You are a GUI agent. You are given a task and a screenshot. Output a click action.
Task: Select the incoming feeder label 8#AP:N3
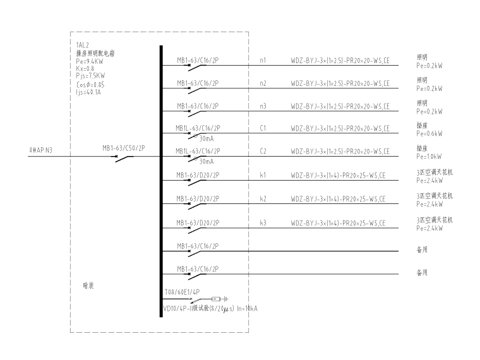point(41,150)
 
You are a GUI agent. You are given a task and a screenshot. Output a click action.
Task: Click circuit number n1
point(263,61)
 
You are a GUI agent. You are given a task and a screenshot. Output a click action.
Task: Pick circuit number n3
point(263,106)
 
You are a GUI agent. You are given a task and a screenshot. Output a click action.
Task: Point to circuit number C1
point(263,129)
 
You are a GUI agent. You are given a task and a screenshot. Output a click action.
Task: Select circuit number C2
point(263,152)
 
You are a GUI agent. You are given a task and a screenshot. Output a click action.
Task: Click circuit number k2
point(263,199)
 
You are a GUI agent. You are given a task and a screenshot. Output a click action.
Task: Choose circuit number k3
point(263,222)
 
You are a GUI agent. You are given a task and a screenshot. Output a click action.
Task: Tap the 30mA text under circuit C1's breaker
point(206,138)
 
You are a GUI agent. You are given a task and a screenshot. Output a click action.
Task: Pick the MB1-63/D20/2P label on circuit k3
point(198,222)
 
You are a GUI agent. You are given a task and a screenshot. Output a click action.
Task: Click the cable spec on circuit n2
point(340,83)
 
